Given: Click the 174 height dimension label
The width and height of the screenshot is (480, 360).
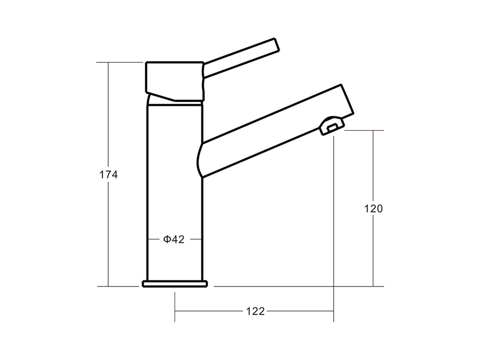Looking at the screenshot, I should point(108,175).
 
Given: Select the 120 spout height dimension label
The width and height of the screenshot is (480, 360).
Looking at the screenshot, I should point(373,209).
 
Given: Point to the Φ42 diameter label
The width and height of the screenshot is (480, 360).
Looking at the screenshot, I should point(174,239).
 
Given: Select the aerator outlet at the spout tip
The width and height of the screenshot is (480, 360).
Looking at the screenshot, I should point(332,126).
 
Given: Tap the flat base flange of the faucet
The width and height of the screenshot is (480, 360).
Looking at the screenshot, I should point(175,284).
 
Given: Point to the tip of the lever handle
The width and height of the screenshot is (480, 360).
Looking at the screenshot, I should point(276,44).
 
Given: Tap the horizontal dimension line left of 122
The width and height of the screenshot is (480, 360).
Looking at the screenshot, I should point(208,311).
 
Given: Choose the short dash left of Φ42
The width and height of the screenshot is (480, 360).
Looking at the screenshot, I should point(154,239).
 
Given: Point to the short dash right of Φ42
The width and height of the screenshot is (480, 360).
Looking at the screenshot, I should point(195,239).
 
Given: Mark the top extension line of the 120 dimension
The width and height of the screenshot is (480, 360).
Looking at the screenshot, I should point(364,130).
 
